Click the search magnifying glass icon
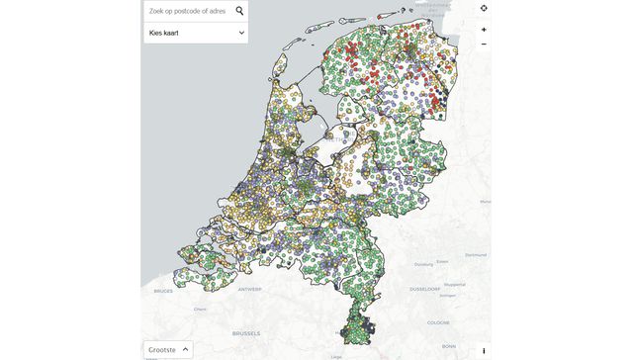(239, 11)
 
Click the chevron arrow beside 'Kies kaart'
(241, 33)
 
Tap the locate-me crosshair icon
(484, 9)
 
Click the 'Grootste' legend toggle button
(167, 349)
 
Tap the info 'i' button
(484, 350)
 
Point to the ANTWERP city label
(249, 289)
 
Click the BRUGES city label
(163, 292)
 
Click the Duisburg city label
(423, 265)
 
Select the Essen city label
(442, 261)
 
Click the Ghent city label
(199, 309)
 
